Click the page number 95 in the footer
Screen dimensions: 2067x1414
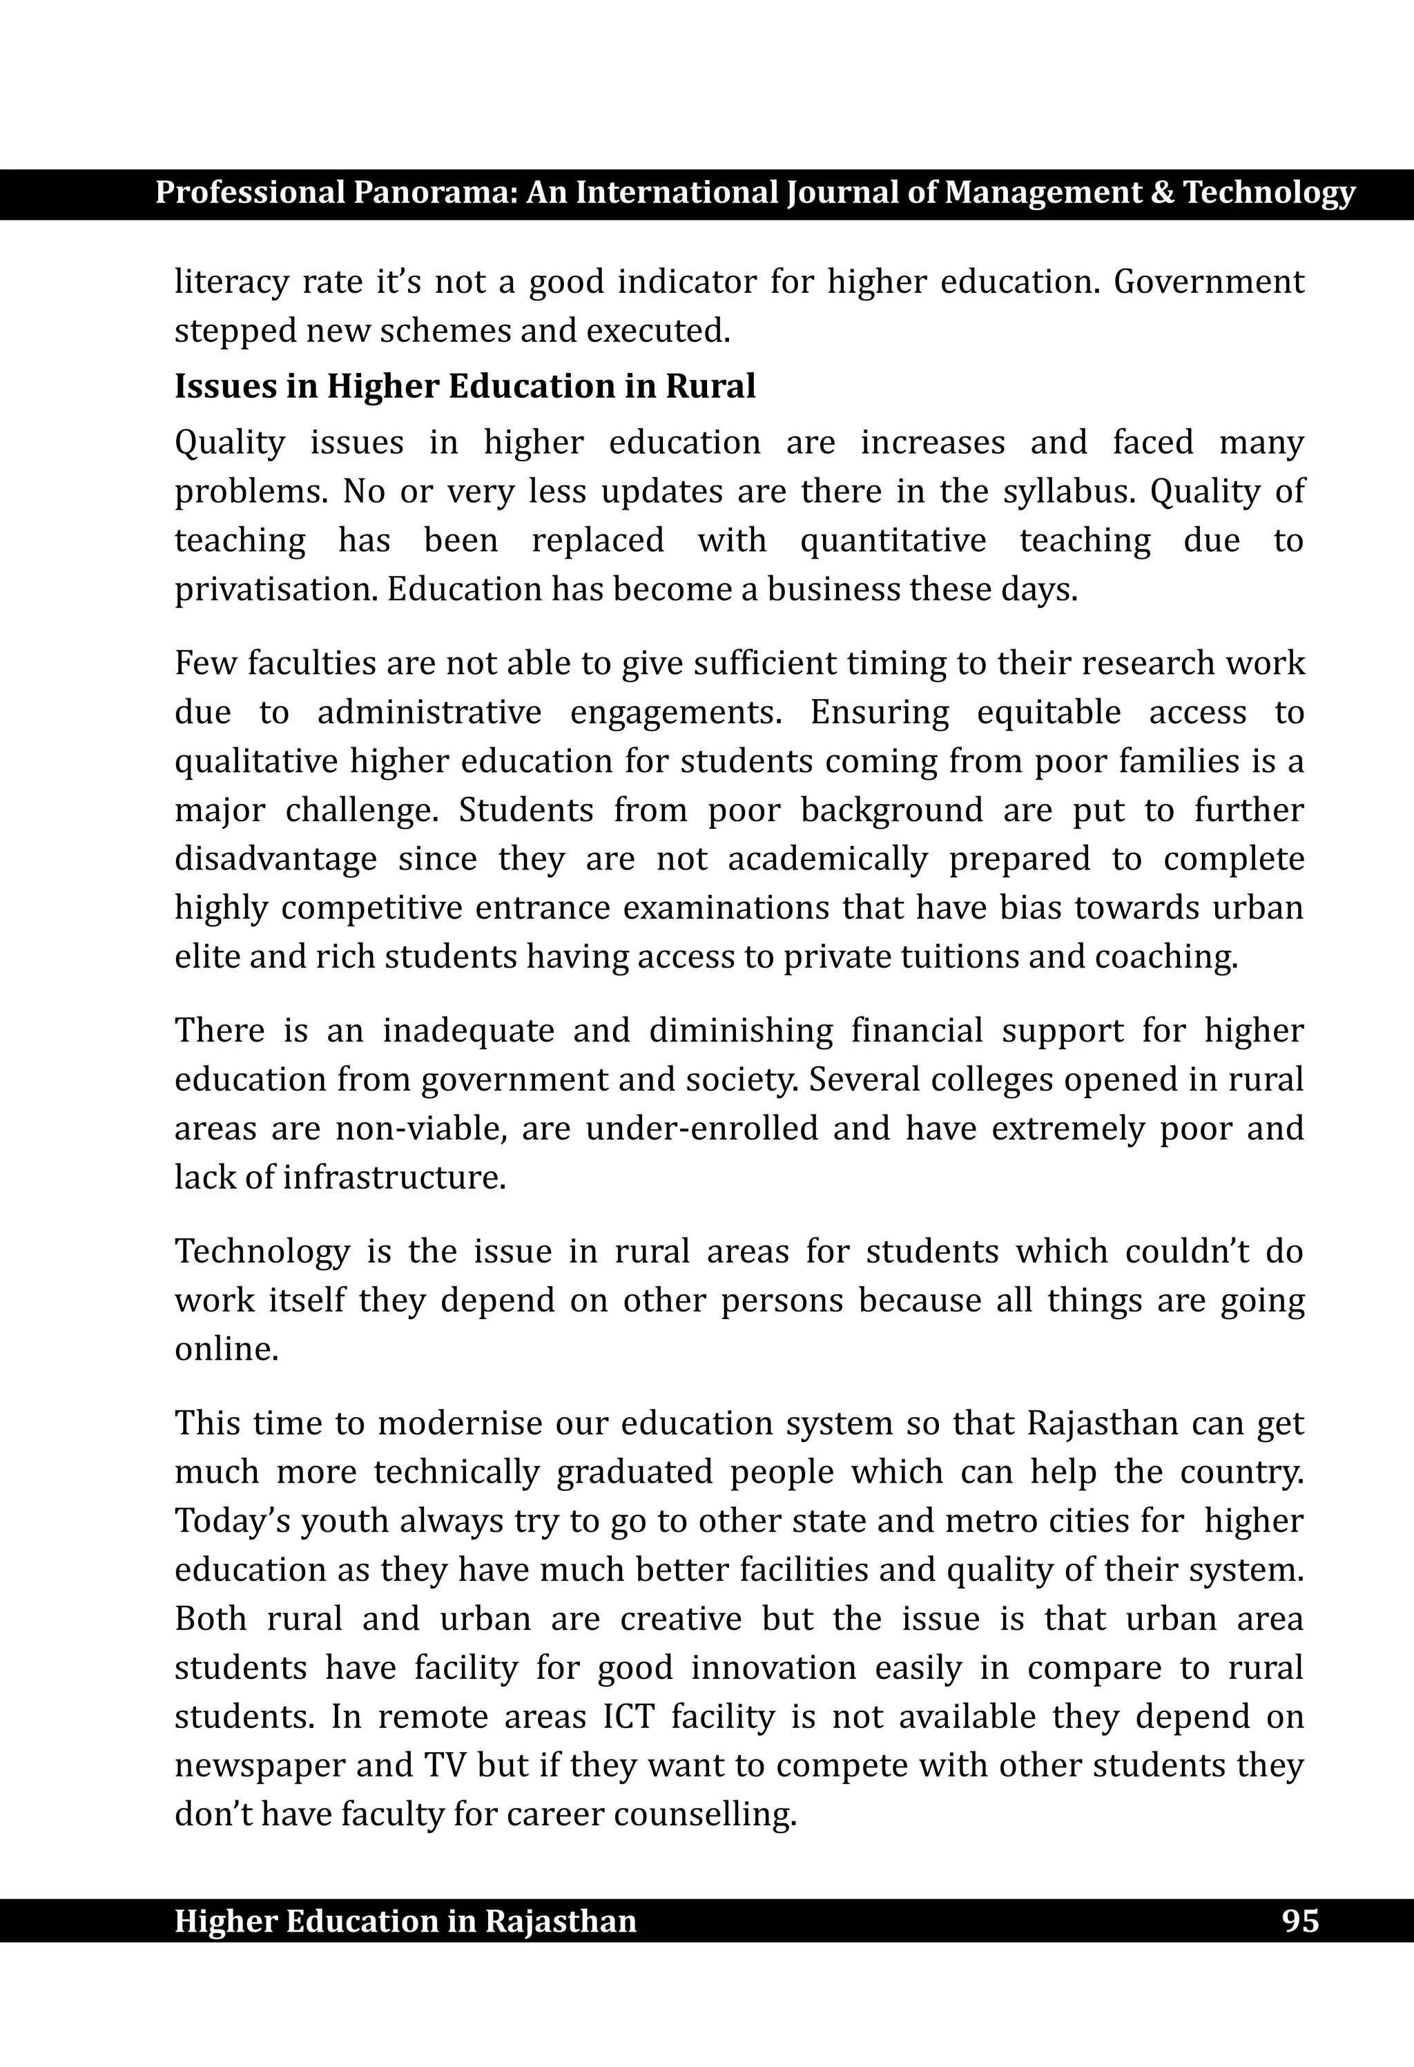[x=1299, y=1921]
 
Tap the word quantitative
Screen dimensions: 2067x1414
[x=893, y=540]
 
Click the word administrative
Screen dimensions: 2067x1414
[x=429, y=713]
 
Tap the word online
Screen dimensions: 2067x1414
[x=226, y=1349]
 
